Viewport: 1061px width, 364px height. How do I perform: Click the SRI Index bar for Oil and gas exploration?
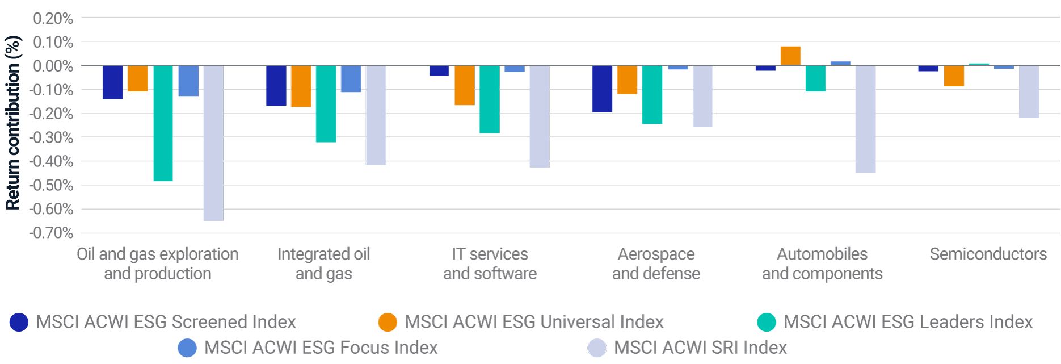(x=213, y=143)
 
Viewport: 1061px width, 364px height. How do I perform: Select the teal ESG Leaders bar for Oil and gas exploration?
(x=163, y=123)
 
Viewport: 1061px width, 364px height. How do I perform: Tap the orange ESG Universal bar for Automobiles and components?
(x=790, y=56)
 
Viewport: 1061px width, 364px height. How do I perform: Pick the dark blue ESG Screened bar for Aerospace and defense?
(x=602, y=89)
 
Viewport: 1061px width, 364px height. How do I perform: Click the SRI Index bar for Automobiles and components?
(x=865, y=119)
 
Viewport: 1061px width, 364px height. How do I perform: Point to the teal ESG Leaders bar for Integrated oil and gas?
(x=326, y=103)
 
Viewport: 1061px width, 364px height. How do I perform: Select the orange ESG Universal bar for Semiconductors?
(x=954, y=76)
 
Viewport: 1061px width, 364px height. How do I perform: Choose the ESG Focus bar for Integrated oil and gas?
(x=351, y=78)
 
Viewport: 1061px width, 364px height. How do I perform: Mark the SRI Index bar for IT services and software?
(x=539, y=116)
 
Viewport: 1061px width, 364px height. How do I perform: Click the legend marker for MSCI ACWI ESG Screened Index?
(x=19, y=322)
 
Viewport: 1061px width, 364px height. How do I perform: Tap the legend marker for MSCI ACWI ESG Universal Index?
(x=388, y=322)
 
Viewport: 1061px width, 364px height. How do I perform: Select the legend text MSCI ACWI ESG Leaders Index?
(x=908, y=322)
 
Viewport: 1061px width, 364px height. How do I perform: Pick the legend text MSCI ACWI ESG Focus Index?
(x=321, y=348)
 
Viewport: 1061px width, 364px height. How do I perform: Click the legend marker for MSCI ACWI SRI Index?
(x=597, y=348)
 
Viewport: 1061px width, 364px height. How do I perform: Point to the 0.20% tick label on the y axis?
(x=53, y=19)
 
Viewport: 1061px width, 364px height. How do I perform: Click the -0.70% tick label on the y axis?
(x=51, y=233)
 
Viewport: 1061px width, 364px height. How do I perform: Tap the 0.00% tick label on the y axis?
(x=53, y=66)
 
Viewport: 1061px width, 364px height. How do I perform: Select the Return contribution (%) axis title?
(x=13, y=123)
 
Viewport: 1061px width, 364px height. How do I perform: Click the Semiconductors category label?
(x=988, y=254)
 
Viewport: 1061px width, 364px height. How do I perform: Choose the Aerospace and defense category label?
(x=656, y=263)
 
